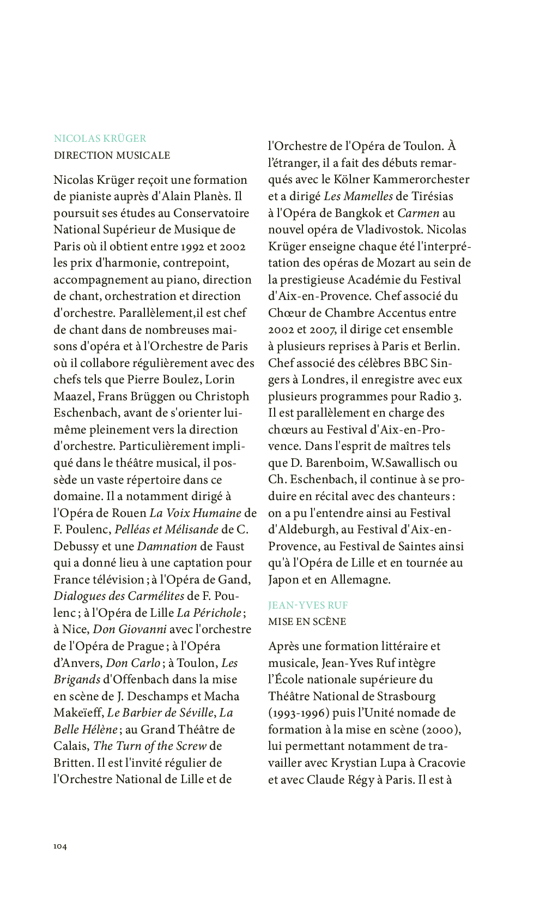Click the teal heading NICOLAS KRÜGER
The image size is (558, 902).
coord(100,139)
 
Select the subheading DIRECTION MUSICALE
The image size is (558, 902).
coord(112,155)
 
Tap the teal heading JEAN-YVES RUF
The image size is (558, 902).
coord(307,605)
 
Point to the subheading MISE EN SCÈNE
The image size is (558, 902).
coord(307,622)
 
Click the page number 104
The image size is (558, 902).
coord(60,846)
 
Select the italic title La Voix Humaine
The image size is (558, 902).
coord(195,513)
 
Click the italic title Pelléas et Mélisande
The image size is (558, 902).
coord(166,530)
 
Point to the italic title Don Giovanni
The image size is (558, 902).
coord(130,629)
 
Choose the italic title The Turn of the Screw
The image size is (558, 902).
coord(150,746)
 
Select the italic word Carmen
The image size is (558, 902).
coord(418,213)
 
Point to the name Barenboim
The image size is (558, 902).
coord(336,463)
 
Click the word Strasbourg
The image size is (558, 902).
coord(406,696)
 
